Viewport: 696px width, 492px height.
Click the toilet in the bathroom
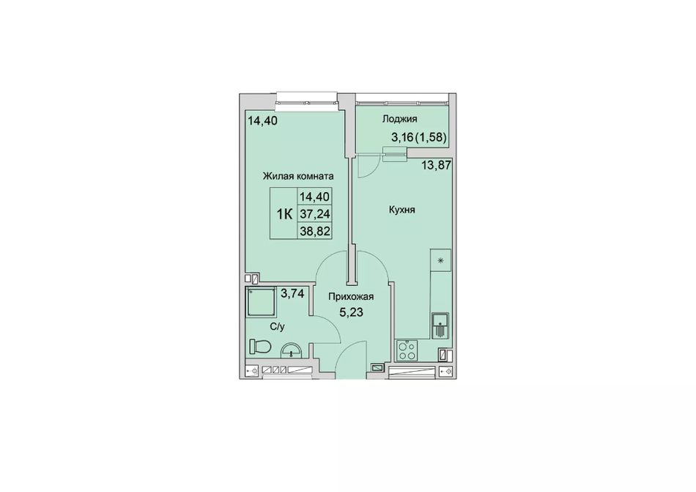point(259,346)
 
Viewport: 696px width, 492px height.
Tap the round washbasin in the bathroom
point(291,350)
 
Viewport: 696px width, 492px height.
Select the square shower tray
point(261,301)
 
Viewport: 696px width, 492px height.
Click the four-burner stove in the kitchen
point(407,350)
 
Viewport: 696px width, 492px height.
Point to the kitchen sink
point(440,326)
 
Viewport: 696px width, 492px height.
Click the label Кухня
point(401,210)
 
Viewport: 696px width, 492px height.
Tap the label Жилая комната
point(298,176)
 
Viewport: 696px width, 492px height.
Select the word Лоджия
point(399,119)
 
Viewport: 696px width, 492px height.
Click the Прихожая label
point(351,297)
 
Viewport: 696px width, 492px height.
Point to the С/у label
point(278,327)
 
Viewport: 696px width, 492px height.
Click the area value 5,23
point(351,312)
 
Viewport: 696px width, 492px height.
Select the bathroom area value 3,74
point(292,293)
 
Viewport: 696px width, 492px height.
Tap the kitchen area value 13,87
point(436,166)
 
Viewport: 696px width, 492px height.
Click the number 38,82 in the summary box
point(315,231)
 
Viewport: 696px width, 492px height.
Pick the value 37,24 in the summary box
point(315,214)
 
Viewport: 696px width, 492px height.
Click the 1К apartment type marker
point(284,215)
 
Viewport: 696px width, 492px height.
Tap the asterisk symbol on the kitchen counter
point(441,260)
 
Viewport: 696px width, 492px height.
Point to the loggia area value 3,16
point(402,137)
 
